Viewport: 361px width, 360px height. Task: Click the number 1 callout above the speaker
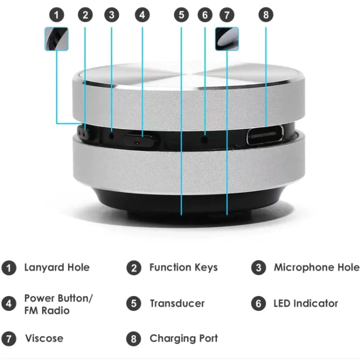pos(57,15)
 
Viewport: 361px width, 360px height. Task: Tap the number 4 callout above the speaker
pos(141,15)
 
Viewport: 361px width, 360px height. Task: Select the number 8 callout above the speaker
pos(265,15)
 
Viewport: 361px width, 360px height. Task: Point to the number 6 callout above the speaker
pos(205,15)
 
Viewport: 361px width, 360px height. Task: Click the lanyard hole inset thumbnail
pos(57,39)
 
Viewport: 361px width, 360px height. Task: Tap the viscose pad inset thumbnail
pos(227,39)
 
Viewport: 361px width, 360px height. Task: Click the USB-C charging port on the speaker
pos(266,135)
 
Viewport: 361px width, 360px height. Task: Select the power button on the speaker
pos(141,140)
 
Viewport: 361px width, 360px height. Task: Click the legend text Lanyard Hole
pos(57,267)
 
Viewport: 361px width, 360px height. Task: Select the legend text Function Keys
pos(183,267)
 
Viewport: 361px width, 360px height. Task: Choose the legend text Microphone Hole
pos(316,267)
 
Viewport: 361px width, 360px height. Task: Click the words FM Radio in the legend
pos(47,311)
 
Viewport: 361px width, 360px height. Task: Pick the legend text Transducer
pos(177,304)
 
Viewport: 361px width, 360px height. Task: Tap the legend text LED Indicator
pos(305,304)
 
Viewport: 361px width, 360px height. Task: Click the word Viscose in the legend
pos(44,338)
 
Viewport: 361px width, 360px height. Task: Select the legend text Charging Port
pos(183,338)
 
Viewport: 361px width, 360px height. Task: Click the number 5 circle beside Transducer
pos(134,304)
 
